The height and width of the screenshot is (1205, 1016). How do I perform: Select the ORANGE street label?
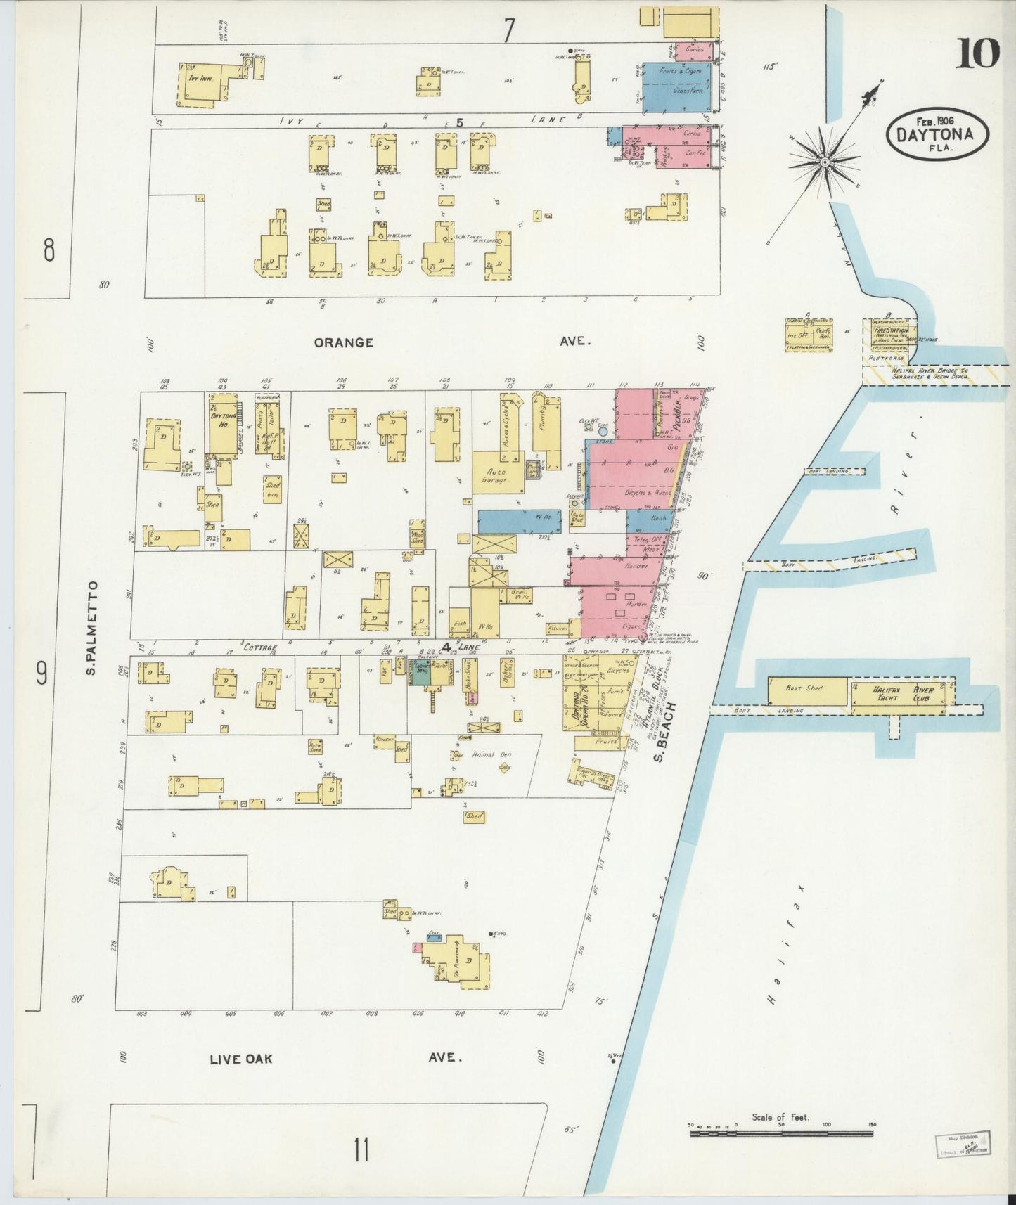click(x=343, y=342)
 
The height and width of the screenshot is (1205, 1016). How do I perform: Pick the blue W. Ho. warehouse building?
click(x=520, y=521)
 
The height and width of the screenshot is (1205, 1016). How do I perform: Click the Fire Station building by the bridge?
click(x=892, y=334)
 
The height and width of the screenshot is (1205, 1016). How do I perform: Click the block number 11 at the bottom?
click(x=361, y=1152)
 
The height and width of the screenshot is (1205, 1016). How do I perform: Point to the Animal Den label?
click(x=492, y=754)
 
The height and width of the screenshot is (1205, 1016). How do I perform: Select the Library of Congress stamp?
click(x=962, y=1143)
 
